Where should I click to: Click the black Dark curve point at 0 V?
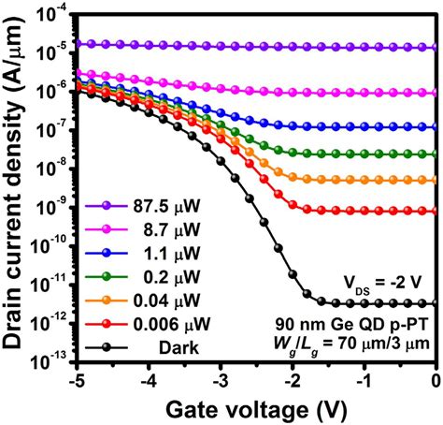(x=436, y=303)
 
